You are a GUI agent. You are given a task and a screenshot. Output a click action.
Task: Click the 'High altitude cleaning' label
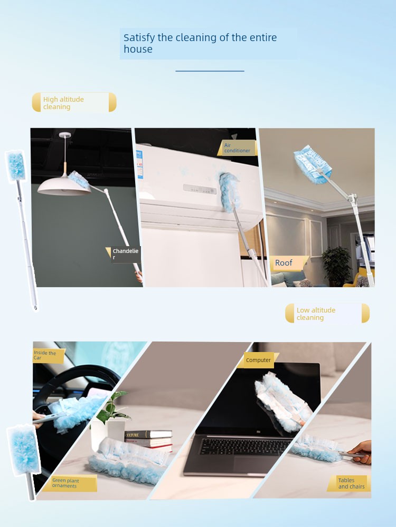[x=74, y=102]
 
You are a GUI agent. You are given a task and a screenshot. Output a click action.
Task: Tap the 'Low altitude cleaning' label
[x=327, y=313]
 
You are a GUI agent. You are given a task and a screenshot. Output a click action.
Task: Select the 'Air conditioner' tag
[x=237, y=148]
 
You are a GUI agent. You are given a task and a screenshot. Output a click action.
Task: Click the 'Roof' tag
[x=289, y=263]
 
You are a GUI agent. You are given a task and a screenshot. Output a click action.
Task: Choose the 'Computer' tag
[x=258, y=360]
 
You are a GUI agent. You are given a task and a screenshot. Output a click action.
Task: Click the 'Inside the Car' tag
[x=48, y=356]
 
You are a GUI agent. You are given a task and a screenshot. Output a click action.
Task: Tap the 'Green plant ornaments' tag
[x=70, y=483]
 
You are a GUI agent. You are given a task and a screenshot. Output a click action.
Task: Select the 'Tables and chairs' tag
[x=349, y=483]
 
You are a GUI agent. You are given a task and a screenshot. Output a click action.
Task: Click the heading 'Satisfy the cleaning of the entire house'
[x=200, y=43]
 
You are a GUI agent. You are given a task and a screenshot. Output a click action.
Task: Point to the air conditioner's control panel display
[x=200, y=189]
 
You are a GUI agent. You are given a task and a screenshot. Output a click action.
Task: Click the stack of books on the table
[x=148, y=440]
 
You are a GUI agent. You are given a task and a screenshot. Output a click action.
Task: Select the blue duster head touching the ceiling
[x=313, y=164]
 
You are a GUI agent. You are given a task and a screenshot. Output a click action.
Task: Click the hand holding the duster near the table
[x=360, y=452]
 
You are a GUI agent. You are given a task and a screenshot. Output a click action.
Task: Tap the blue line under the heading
[x=210, y=71]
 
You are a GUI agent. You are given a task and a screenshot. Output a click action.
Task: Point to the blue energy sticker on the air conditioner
[x=140, y=164]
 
